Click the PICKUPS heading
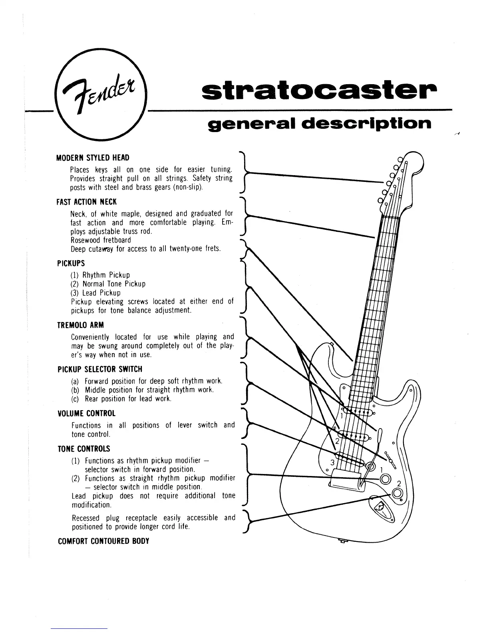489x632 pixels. pyautogui.click(x=71, y=263)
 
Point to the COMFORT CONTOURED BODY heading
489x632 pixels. pyautogui.click(x=103, y=541)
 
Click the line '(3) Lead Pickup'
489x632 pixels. pyautogui.click(x=95, y=293)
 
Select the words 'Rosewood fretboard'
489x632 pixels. pyautogui.click(x=101, y=240)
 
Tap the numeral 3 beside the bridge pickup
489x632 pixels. pyautogui.click(x=332, y=462)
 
